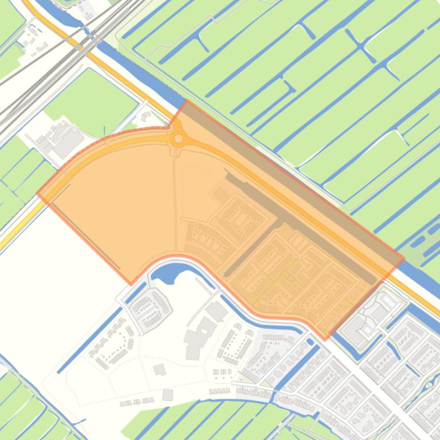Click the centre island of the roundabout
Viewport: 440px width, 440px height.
179,138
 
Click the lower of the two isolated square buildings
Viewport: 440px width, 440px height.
168,395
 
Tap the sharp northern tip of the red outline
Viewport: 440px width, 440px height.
187,101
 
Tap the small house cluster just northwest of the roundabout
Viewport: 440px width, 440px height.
146,117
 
